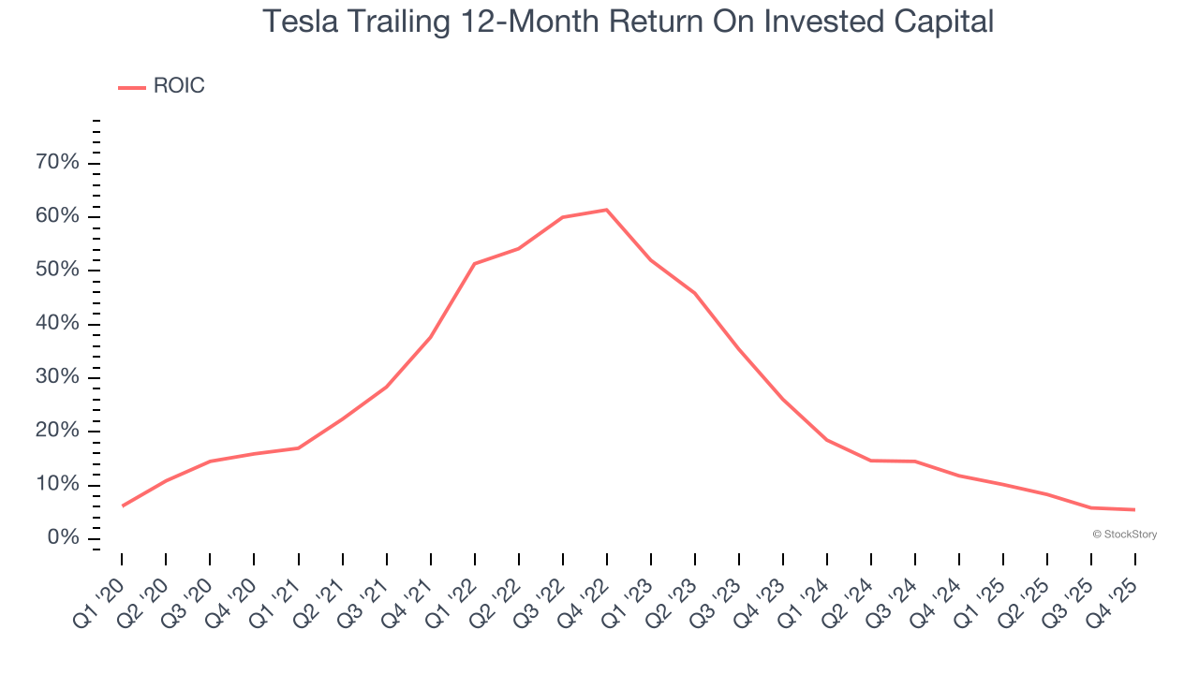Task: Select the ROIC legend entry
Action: click(x=161, y=86)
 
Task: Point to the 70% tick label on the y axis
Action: click(x=57, y=163)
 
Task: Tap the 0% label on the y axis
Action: click(x=64, y=538)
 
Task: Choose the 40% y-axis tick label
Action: click(x=57, y=324)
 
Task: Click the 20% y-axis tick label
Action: click(x=57, y=431)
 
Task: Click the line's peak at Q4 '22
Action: click(x=606, y=210)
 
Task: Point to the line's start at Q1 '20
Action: click(x=122, y=506)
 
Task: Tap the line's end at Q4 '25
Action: click(x=1135, y=509)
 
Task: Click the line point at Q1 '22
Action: click(x=474, y=264)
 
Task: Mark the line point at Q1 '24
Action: click(x=827, y=440)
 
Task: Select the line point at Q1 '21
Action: click(x=298, y=448)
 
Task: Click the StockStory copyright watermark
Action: click(x=1124, y=535)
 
